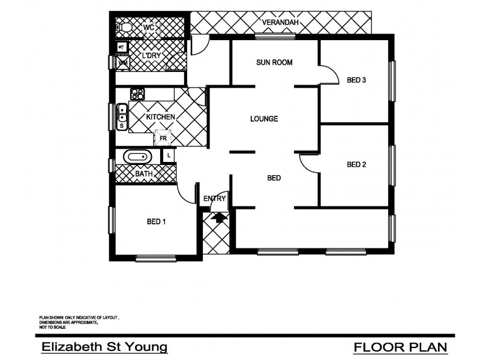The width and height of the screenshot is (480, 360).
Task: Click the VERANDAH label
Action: click(281, 23)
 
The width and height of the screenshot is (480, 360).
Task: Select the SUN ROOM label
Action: click(274, 62)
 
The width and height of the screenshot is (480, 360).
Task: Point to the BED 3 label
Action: click(356, 82)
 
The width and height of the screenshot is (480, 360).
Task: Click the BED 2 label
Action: click(356, 164)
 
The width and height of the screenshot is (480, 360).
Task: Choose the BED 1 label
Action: click(156, 222)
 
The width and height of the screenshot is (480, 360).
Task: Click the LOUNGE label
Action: click(264, 119)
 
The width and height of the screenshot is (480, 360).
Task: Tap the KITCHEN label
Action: click(160, 117)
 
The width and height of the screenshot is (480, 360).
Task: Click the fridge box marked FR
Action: click(163, 139)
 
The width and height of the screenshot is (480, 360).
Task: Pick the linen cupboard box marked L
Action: click(169, 155)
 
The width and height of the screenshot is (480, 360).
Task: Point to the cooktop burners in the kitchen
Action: click(138, 94)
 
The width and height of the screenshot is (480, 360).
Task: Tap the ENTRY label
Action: click(214, 199)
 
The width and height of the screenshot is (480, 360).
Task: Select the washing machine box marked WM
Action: click(122, 63)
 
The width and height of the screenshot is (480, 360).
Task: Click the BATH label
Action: click(143, 174)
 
